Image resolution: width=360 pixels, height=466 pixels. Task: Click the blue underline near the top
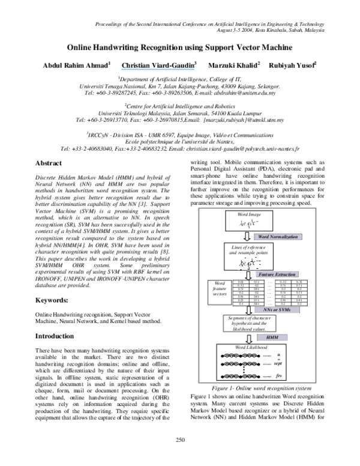coord(158,70)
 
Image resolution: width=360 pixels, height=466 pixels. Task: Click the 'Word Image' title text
coord(249,214)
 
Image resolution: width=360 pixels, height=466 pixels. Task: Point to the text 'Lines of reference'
coord(248,247)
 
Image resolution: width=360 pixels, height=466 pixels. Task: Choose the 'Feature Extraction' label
coord(277,274)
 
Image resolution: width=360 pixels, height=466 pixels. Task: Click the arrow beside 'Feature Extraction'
coord(248,274)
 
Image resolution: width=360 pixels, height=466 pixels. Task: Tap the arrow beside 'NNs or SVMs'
coord(248,310)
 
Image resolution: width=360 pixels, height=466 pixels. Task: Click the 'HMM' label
coord(272,337)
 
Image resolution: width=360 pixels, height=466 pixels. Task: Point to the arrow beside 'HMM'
coord(248,338)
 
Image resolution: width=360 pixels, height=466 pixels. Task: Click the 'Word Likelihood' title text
coord(251,348)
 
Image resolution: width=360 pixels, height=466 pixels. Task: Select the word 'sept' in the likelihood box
coord(277,364)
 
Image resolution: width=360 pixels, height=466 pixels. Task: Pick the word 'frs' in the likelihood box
coord(278,376)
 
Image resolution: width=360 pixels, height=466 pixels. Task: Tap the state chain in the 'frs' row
coord(240,377)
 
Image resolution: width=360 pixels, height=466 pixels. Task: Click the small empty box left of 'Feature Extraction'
coord(220,292)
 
